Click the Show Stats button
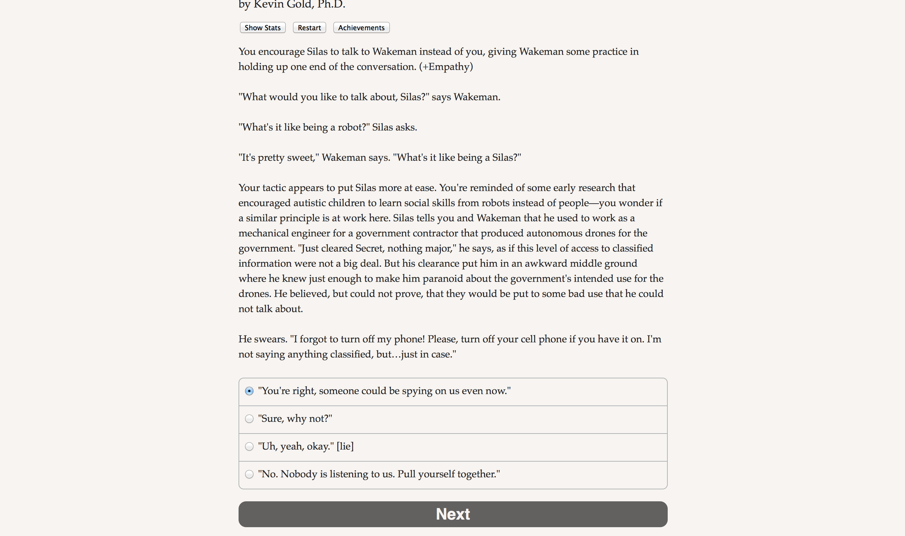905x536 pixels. pos(263,28)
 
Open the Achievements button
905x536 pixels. pos(361,28)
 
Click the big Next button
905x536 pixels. pos(452,514)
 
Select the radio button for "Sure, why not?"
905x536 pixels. pos(249,419)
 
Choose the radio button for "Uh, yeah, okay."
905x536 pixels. pos(249,446)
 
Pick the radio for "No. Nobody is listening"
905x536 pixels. pos(249,474)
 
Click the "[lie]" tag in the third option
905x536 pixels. pos(345,446)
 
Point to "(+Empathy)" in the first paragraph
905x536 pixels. pos(446,67)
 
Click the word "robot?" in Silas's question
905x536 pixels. pos(352,127)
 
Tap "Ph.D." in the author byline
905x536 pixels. pos(331,5)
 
